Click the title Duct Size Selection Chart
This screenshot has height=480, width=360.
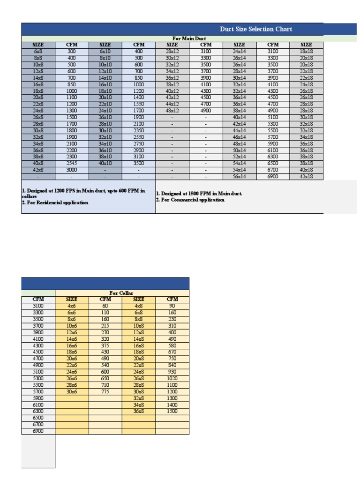pos(256,29)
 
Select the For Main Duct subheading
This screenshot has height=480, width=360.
pos(189,38)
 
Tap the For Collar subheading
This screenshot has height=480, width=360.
pos(122,293)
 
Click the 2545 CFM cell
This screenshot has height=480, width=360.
pos(72,163)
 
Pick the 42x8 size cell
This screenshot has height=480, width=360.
pos(38,170)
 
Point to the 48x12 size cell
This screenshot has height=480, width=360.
pos(172,111)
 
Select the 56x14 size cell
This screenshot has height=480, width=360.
pos(240,176)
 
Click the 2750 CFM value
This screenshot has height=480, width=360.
pos(139,143)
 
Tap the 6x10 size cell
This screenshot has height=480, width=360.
pos(105,51)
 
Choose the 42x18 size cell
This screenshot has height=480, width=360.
pos(307,176)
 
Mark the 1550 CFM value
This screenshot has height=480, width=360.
pos(139,104)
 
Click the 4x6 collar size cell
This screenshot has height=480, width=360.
pos(72,306)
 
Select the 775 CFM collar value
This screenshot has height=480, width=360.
pos(105,391)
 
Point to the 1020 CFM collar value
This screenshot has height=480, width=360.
pos(172,378)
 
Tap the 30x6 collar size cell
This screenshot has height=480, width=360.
pos(72,391)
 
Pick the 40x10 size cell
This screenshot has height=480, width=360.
pos(105,163)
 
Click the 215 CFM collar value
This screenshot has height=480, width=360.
pos(105,326)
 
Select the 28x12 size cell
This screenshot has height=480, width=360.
pos(172,51)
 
